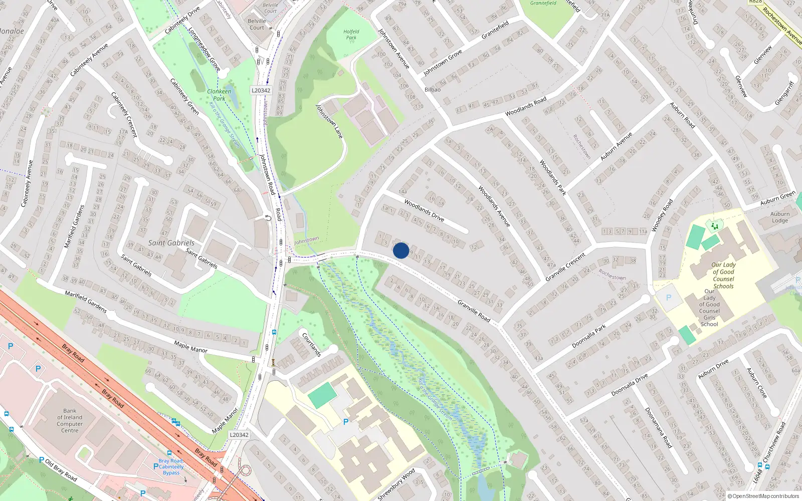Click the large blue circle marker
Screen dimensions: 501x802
pyautogui.click(x=401, y=250)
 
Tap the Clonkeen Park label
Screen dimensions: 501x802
pyautogui.click(x=220, y=95)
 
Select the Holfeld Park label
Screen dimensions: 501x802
pyautogui.click(x=351, y=34)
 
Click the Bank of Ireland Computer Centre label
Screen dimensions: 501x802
pyautogui.click(x=70, y=420)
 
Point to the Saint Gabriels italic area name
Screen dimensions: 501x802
pyautogui.click(x=171, y=242)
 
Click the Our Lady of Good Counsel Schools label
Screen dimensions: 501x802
pyautogui.click(x=723, y=276)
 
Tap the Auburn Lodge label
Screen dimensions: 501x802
pyautogui.click(x=780, y=217)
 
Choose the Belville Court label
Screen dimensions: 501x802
pyautogui.click(x=257, y=24)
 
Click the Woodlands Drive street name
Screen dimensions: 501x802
pyautogui.click(x=424, y=210)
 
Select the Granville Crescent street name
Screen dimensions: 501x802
pyautogui.click(x=566, y=267)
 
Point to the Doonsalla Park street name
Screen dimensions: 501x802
pyautogui.click(x=589, y=336)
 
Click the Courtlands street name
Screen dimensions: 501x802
pyautogui.click(x=311, y=344)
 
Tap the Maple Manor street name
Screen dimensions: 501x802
pyautogui.click(x=190, y=346)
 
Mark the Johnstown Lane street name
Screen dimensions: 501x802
pyautogui.click(x=329, y=121)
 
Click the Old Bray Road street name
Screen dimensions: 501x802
pyautogui.click(x=61, y=470)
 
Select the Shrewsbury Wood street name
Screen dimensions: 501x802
pyautogui.click(x=396, y=484)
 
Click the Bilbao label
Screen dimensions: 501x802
pyautogui.click(x=433, y=90)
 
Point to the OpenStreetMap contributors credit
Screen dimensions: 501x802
pyautogui.click(x=763, y=496)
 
